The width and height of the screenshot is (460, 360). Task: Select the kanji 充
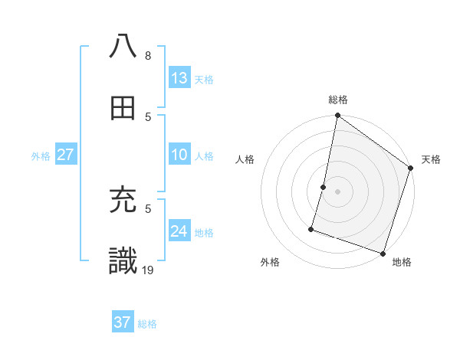coord(123,201)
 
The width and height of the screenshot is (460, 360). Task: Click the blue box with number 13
coord(179,78)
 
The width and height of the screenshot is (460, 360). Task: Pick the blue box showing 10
coord(179,155)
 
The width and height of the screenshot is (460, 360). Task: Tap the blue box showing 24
coord(179,231)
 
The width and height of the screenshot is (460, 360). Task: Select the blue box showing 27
coord(66,155)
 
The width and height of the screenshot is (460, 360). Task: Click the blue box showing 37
coord(123,322)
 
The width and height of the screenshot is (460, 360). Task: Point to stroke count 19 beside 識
coord(149,269)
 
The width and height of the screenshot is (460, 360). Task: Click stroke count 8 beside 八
coord(147,55)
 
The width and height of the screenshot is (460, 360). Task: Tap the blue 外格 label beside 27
coord(41,155)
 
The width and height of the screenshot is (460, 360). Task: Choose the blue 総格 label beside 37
coord(147,324)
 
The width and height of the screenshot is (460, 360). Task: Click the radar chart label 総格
coord(338,100)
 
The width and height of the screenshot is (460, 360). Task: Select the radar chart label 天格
coord(431,159)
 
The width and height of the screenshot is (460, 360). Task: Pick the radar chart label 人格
coord(245,159)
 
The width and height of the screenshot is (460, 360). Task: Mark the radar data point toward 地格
coord(382,253)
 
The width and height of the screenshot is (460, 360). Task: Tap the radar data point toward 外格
coord(312,228)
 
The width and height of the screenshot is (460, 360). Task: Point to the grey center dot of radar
coord(338,191)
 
